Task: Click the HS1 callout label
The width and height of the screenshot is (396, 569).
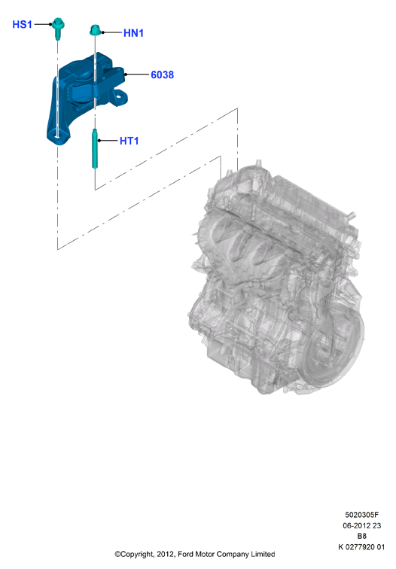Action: (22, 24)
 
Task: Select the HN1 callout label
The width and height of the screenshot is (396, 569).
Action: (133, 33)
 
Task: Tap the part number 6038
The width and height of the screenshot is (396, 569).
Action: (163, 75)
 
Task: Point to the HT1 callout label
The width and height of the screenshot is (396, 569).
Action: (129, 141)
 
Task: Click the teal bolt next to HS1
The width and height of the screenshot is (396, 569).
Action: (57, 28)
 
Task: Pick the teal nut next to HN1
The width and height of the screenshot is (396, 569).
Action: (95, 30)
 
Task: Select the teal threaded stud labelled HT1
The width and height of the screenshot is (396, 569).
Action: (95, 149)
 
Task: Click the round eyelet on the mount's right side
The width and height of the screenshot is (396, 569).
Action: (120, 96)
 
